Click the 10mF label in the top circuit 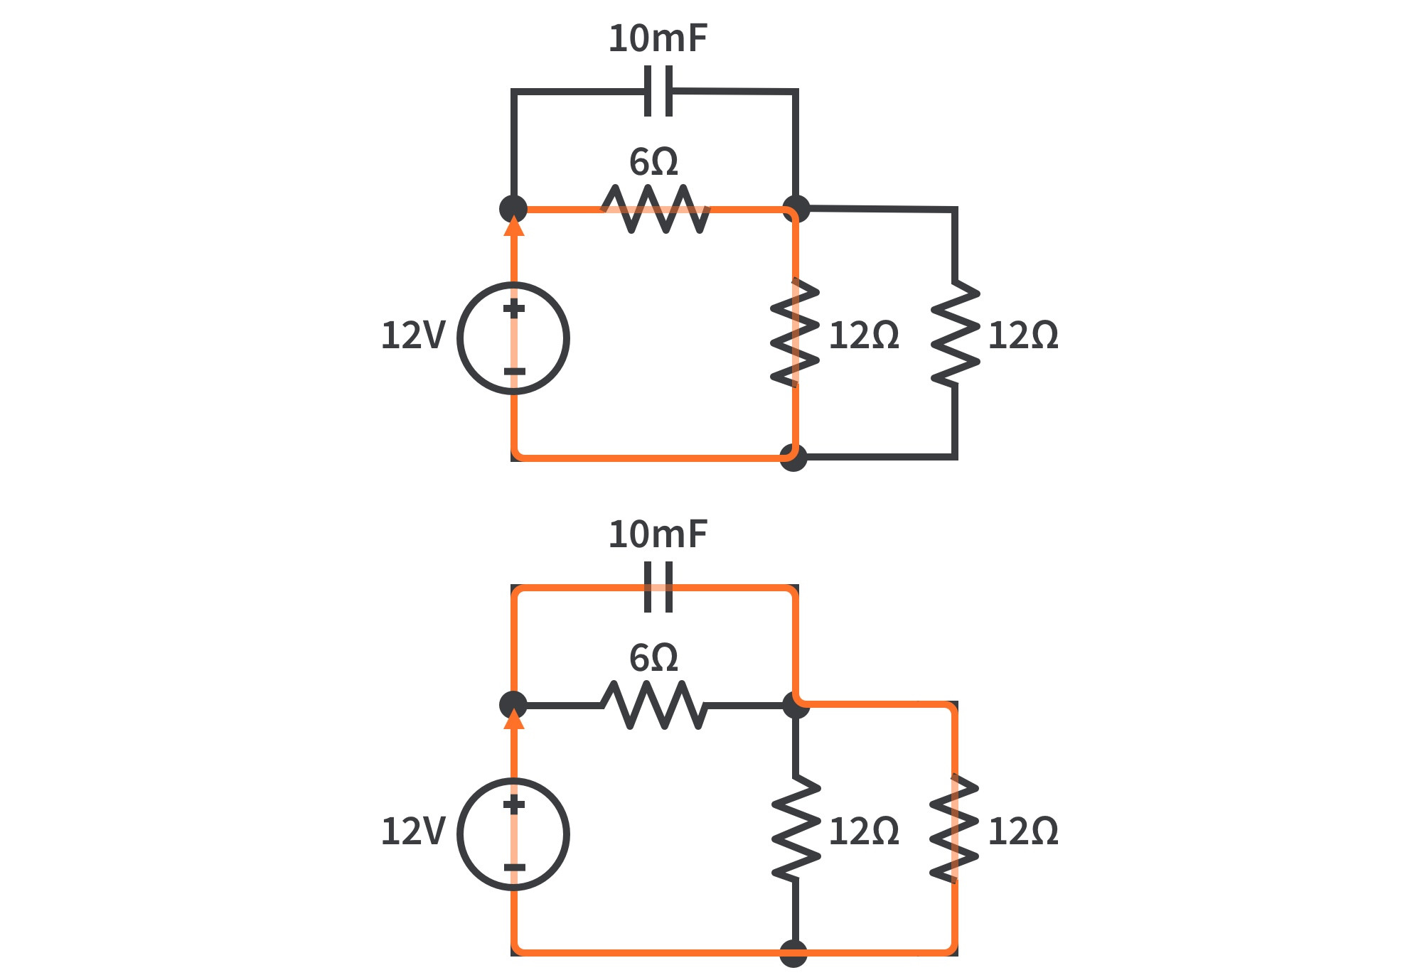click(658, 38)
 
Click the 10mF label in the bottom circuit click(658, 534)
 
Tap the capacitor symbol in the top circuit click(658, 91)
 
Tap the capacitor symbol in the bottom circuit click(658, 587)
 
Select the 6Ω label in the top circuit click(653, 163)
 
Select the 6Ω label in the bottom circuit click(653, 659)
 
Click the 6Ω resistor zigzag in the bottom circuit click(654, 705)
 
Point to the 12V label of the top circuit click(412, 335)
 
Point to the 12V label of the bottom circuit click(412, 831)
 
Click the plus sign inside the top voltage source click(513, 308)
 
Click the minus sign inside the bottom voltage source click(513, 867)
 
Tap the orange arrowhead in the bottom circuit click(513, 720)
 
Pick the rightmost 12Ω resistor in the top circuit click(955, 333)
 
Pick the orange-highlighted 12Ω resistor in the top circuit click(795, 333)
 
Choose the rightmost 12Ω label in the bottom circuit click(1022, 831)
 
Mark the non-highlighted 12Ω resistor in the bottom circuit click(796, 829)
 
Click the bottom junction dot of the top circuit click(793, 457)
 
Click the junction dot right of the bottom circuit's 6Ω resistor click(796, 704)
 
